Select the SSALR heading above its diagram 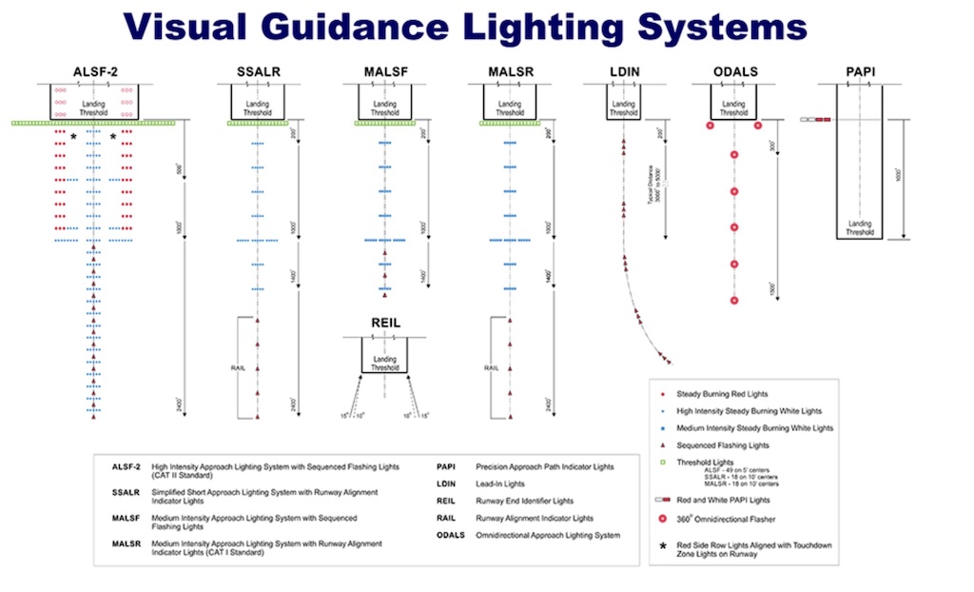(258, 71)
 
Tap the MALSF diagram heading (384, 71)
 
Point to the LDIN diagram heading (623, 71)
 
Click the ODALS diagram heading (733, 71)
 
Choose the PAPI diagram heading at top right (860, 71)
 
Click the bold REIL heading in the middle (384, 324)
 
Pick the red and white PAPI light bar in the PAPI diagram (816, 120)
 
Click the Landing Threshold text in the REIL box (385, 364)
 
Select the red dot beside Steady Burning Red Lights (661, 393)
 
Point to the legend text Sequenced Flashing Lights (723, 445)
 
